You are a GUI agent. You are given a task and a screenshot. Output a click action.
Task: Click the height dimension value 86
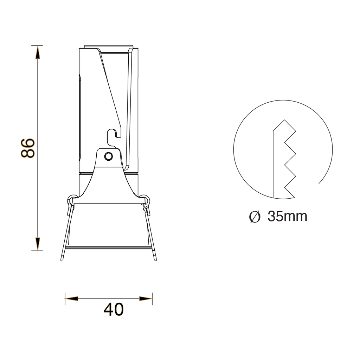pos(28,148)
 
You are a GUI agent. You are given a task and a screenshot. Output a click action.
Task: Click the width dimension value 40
pos(114,310)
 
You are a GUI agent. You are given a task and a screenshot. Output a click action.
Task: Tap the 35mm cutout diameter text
pos(287,216)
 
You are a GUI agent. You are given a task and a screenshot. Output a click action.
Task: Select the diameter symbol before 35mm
pos(255,217)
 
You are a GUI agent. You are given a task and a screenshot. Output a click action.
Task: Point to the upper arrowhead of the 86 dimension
pos(38,53)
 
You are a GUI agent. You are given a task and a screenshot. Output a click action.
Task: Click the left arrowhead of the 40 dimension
pos(72,299)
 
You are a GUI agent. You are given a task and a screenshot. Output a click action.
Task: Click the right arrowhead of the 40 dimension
pos(146,299)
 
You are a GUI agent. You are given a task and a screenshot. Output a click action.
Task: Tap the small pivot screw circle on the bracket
pos(108,156)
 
